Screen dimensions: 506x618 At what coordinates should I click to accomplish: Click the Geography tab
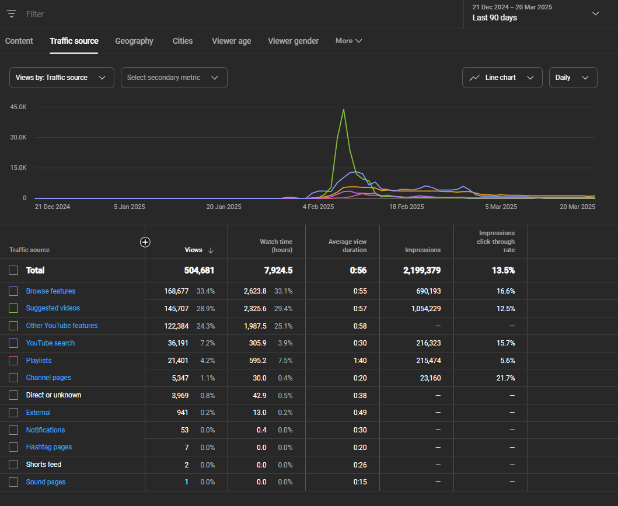[x=134, y=41]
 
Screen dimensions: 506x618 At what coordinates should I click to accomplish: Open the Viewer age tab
[x=231, y=41]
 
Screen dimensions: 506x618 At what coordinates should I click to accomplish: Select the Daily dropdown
[x=572, y=78]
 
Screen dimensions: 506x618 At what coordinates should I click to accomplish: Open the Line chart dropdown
[x=502, y=78]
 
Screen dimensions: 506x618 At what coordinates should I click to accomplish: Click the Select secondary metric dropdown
[x=173, y=78]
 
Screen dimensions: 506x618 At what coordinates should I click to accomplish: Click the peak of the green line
[x=344, y=109]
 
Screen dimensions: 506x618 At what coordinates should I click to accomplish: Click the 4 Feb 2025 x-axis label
[x=318, y=207]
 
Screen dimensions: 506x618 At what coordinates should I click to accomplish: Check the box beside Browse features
[x=13, y=291]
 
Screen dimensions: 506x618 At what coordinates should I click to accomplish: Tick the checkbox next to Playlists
[x=13, y=361]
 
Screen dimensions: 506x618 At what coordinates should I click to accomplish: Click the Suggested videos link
[x=53, y=308]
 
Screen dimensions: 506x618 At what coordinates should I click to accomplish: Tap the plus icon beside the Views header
[x=145, y=242]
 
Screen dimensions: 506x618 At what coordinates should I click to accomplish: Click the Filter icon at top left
[x=12, y=13]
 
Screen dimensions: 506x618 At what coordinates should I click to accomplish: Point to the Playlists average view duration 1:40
[x=360, y=361]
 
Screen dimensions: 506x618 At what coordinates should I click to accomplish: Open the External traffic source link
[x=39, y=413]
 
